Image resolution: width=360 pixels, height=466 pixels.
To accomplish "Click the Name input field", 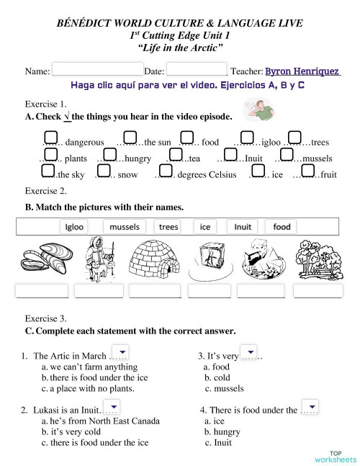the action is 97,71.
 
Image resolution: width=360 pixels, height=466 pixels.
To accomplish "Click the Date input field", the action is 197,71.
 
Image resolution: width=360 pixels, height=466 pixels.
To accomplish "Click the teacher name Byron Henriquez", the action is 302,71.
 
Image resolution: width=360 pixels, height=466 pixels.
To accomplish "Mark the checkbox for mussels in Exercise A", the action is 287,154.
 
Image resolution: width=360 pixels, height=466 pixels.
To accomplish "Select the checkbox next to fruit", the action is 308,171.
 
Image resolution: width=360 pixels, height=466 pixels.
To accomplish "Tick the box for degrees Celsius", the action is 163,171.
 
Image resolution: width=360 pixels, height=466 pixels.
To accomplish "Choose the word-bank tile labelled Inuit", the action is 243,227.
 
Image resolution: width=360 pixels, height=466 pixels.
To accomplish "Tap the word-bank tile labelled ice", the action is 205,227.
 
